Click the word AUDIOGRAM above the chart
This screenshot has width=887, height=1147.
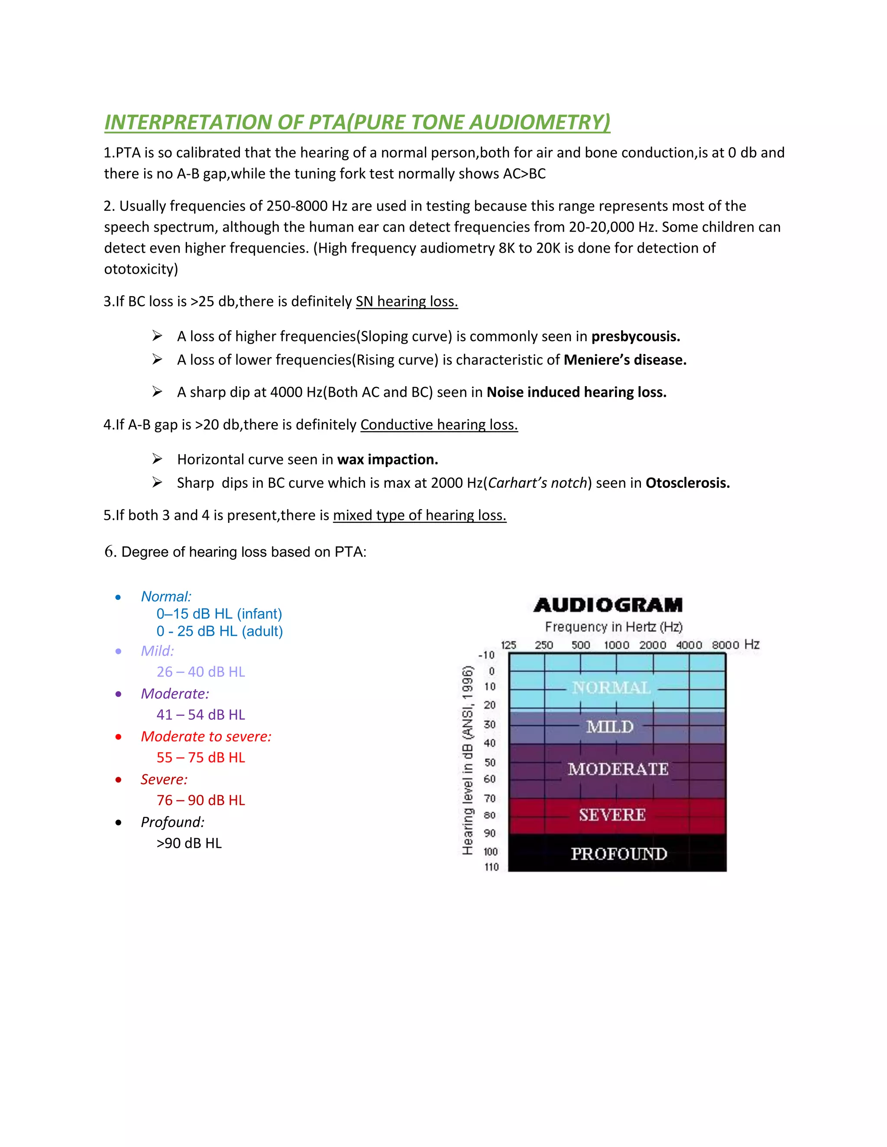(608, 605)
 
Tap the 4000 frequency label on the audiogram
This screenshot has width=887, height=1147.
(689, 645)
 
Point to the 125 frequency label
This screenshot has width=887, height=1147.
(508, 645)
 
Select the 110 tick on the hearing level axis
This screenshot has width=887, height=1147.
(491, 867)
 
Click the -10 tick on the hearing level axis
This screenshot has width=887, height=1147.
(486, 655)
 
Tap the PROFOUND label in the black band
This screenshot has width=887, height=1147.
(619, 854)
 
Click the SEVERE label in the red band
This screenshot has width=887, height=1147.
(612, 815)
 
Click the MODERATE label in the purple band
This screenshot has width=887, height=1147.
(618, 769)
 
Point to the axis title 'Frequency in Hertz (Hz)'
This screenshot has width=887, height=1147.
(614, 627)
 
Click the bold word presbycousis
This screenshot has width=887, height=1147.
(635, 337)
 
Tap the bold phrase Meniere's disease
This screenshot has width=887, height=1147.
(625, 360)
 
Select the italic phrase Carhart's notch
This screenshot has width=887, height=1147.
(537, 483)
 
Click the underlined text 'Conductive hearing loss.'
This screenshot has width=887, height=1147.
(439, 425)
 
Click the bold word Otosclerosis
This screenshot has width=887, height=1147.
(687, 483)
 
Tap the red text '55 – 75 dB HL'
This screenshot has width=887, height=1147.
(201, 757)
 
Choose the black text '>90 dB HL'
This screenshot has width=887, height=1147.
(189, 843)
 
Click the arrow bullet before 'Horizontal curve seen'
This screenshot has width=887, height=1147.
(157, 459)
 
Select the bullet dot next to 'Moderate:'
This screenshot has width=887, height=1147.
(118, 694)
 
